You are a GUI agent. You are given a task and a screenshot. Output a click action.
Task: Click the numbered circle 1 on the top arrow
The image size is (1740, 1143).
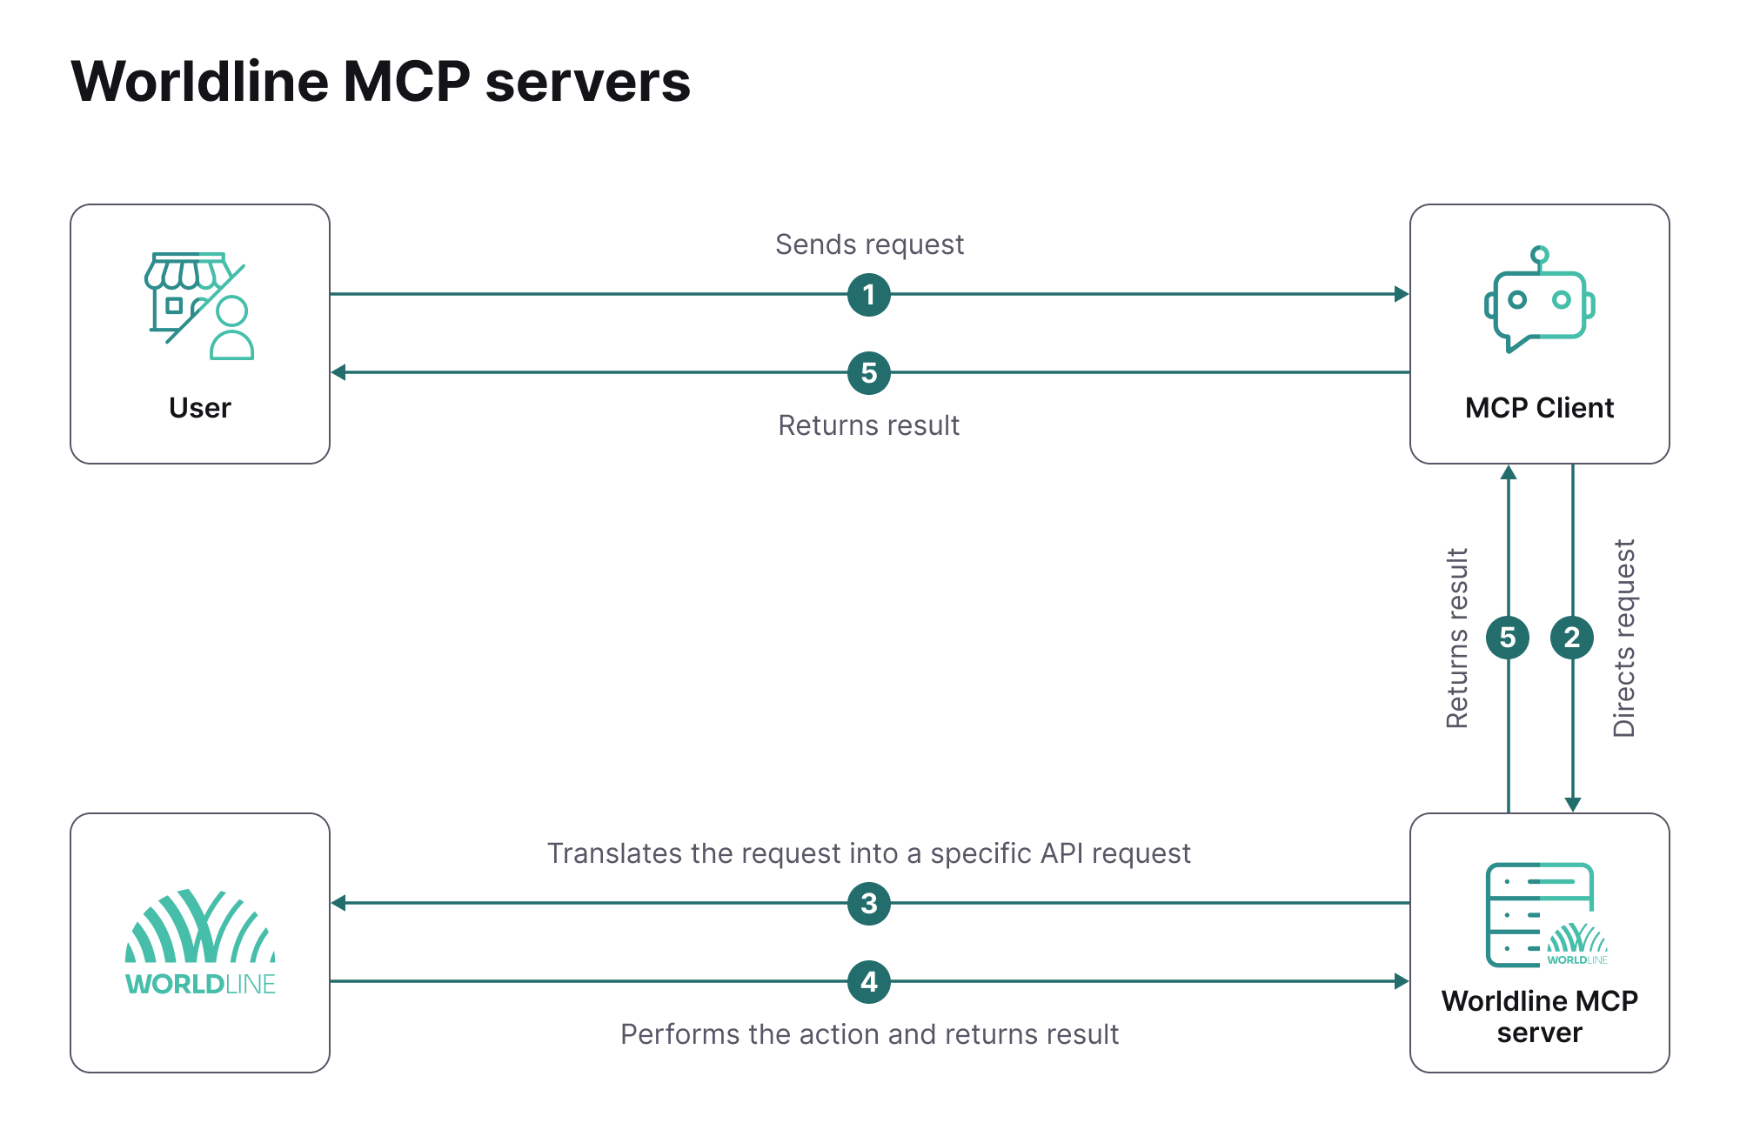[868, 295]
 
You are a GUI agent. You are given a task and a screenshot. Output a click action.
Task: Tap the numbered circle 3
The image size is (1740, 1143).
[868, 904]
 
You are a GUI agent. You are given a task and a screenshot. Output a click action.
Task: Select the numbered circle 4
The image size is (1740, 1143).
[868, 982]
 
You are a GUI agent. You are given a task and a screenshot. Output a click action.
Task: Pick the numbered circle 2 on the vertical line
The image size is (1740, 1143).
[1572, 638]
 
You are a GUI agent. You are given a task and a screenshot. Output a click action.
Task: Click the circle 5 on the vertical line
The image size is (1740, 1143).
[1508, 638]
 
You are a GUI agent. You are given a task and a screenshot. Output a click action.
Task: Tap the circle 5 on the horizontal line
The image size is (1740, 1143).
[868, 373]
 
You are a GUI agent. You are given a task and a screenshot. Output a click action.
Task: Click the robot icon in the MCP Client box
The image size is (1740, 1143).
[1539, 301]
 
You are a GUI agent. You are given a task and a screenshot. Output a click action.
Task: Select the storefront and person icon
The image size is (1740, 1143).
[199, 306]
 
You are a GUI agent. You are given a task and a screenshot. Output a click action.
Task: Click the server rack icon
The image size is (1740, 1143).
[1539, 914]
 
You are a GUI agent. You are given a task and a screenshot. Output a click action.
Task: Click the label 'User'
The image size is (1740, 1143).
[200, 408]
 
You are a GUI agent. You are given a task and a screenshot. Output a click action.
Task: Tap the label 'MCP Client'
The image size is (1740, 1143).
[1539, 408]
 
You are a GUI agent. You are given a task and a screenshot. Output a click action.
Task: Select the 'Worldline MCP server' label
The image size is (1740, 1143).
[1539, 1016]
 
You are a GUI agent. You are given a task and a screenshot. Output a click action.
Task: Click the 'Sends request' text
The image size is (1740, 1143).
[869, 244]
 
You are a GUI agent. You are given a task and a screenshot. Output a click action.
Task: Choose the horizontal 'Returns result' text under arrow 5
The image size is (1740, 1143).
[868, 425]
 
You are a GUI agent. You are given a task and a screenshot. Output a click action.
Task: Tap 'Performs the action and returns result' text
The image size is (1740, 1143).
[869, 1034]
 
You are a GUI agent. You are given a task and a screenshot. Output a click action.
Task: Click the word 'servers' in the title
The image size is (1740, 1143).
[587, 83]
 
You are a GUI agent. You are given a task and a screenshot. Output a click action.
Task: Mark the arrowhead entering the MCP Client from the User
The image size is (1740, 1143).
[1401, 295]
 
